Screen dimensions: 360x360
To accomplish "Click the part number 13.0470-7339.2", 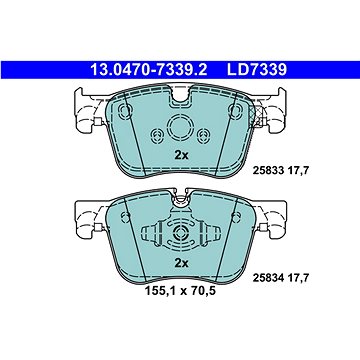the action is pos(149,70).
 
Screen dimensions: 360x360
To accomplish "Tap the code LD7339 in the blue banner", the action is pos(257,70).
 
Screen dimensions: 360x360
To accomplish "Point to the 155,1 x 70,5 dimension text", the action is pos(180,291).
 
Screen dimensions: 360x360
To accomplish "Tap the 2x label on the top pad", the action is pos(182,155).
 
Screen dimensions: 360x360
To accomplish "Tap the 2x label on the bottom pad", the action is pos(182,263).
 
